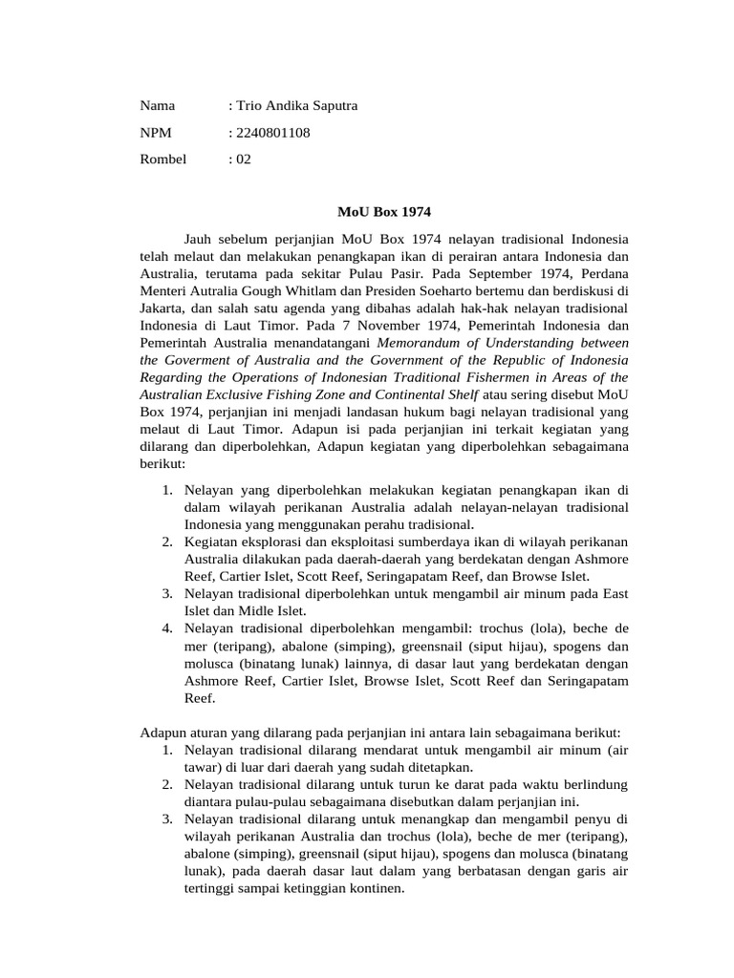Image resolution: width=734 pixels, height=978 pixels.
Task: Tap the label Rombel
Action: pyautogui.click(x=163, y=159)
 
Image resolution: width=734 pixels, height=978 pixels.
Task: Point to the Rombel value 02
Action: pyautogui.click(x=243, y=159)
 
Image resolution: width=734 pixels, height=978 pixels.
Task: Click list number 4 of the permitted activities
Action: pyautogui.click(x=166, y=627)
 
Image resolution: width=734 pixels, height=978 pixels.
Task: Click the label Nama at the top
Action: pyautogui.click(x=158, y=106)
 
